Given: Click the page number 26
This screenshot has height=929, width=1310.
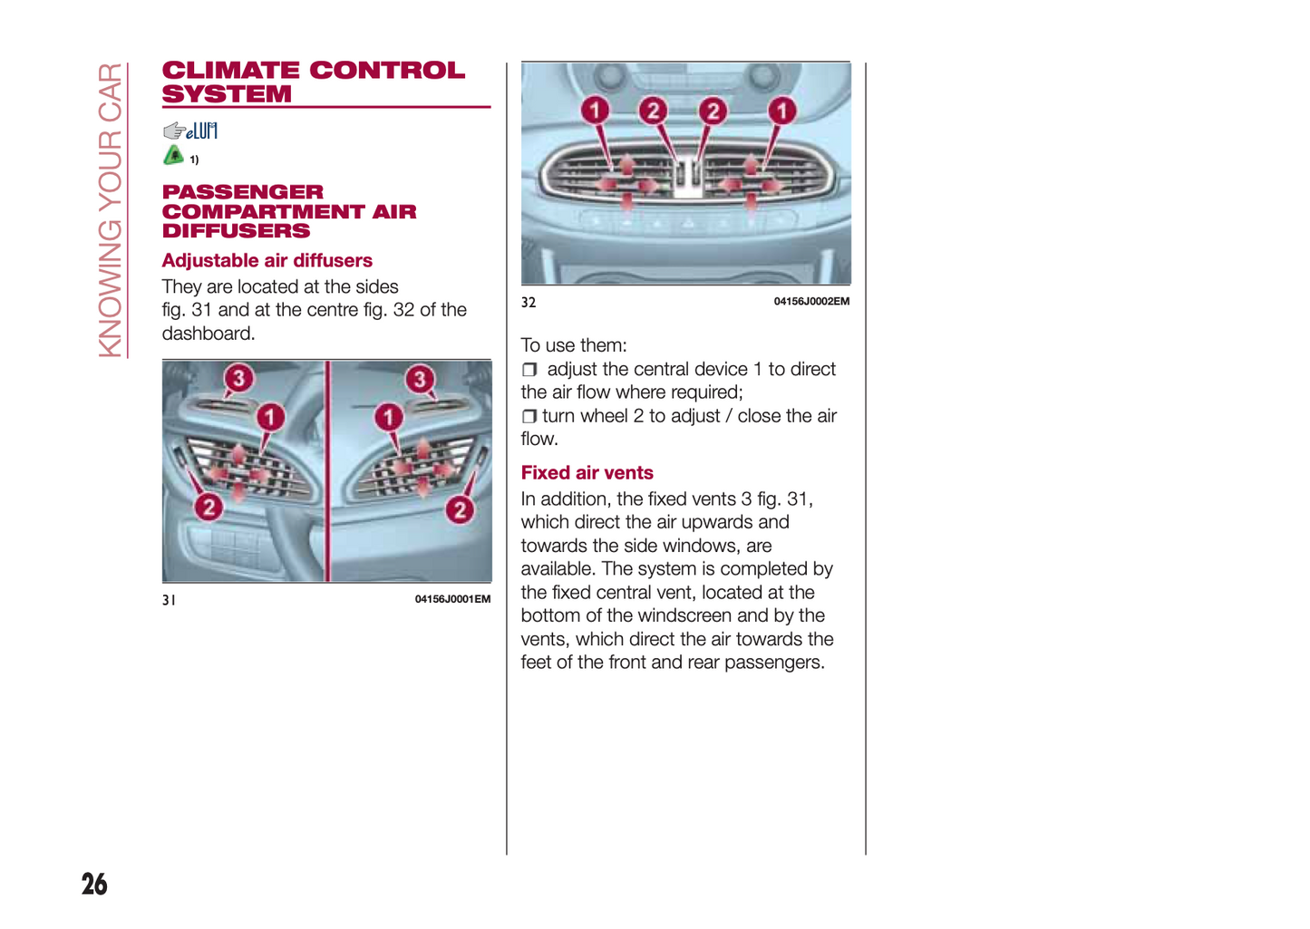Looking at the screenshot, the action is point(94,884).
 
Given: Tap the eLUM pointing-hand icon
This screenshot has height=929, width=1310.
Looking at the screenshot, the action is point(190,131).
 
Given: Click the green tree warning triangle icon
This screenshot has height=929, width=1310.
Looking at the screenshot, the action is point(173,155).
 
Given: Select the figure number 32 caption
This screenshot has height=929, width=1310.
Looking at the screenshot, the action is point(529,302).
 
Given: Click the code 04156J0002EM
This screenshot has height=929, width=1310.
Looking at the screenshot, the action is point(811,301).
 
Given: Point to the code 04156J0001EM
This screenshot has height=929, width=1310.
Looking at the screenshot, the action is point(452,599).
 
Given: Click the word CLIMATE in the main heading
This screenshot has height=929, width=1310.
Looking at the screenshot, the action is point(230,71).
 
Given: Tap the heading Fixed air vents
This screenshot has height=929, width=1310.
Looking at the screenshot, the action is point(587,472).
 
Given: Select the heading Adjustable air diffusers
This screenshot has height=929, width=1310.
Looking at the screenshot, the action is point(267,260).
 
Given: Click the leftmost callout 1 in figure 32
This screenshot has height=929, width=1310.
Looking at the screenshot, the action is point(595,110).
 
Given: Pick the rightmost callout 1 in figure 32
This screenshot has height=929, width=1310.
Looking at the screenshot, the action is point(781,110).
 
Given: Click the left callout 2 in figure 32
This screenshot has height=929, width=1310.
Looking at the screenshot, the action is point(654,110).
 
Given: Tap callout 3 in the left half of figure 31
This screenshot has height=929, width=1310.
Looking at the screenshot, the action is point(238,378).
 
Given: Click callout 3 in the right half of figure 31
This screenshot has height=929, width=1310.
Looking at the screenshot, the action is point(420,379).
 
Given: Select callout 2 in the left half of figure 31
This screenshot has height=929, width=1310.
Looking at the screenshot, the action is point(209,507).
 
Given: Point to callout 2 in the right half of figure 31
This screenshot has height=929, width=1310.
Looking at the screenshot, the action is point(461,509).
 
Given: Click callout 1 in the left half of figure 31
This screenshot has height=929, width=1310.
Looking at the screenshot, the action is point(270,417).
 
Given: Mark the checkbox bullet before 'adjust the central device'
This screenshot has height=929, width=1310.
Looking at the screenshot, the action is point(529,370).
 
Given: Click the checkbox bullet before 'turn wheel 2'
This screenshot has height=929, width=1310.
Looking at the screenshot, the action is point(529,416).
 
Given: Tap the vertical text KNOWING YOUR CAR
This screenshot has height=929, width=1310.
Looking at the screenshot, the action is point(110,210).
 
